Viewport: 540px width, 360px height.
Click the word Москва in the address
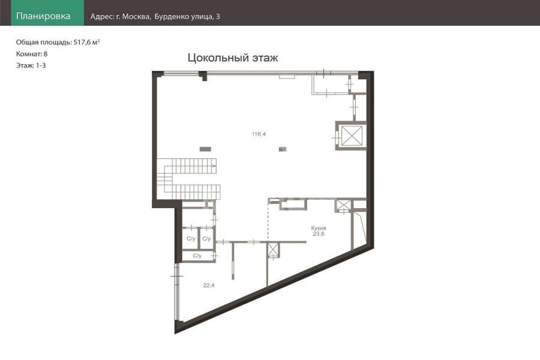[x=136, y=16]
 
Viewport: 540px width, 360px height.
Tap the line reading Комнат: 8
[x=32, y=54]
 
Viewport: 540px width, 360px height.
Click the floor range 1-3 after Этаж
[x=41, y=65]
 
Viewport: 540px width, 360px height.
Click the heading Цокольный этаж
[x=233, y=58]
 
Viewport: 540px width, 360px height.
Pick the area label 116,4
[x=259, y=134]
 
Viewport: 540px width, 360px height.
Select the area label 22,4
[x=209, y=285]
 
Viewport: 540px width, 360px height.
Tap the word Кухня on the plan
[x=319, y=228]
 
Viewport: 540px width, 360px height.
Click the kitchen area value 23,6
[x=319, y=233]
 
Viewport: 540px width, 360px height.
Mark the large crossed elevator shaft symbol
[x=352, y=136]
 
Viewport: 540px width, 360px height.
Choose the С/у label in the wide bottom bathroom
[x=197, y=256]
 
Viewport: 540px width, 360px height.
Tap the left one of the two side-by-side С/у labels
[x=191, y=238]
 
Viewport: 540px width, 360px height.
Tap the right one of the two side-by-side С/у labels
[x=206, y=238]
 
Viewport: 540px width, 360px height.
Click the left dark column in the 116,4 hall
[x=205, y=149]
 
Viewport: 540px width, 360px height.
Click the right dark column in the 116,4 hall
[x=283, y=149]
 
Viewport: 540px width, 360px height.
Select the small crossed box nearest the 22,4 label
[x=273, y=250]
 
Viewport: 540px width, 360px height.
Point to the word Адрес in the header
[x=101, y=17]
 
